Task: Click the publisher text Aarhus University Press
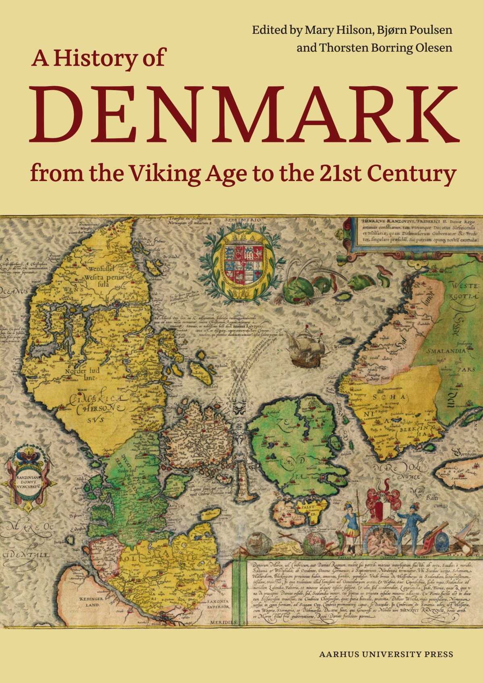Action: pyautogui.click(x=386, y=654)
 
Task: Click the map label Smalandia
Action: pyautogui.click(x=446, y=351)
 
